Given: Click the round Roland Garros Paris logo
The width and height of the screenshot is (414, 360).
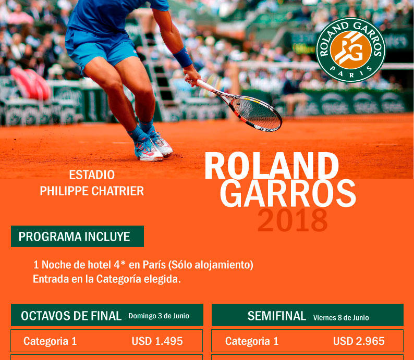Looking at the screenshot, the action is point(351,50).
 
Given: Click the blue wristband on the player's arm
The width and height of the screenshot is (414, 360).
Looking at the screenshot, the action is point(182,57).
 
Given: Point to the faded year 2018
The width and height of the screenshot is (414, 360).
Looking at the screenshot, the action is point(293,220).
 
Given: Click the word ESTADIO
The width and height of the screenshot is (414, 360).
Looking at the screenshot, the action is point(92,175).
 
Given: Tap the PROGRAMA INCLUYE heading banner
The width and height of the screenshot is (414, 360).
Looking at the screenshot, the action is point(77,237).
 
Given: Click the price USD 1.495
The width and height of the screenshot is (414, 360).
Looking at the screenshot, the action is point(157,341).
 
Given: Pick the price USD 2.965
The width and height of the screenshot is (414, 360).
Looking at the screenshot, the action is point(359,341).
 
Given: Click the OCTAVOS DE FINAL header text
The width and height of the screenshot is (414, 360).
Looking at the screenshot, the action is point(71,316).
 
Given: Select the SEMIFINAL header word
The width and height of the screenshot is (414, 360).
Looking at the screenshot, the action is point(277,316).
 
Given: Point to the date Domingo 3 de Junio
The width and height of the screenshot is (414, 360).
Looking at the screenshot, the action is point(159,316).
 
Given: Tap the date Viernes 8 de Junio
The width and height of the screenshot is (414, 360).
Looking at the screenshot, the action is point(341,317).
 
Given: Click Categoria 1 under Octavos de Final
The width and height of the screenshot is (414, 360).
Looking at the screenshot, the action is point(50,341).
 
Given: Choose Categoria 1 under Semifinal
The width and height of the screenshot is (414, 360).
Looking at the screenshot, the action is point(252,341).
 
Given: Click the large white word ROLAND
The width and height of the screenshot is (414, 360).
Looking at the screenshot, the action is point(272,166).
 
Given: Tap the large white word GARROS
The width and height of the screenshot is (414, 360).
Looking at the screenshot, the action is point(288,193).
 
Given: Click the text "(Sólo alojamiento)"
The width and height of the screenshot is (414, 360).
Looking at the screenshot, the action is point(211,265).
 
